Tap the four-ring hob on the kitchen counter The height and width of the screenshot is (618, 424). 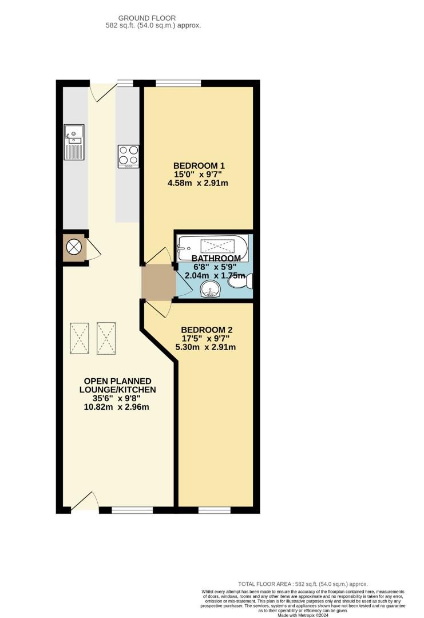(x=129, y=156)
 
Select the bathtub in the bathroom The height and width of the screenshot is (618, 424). (x=212, y=246)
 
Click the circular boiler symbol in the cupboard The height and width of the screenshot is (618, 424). (x=74, y=247)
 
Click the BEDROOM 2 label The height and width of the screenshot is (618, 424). (x=207, y=330)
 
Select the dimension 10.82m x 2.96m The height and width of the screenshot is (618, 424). (x=117, y=407)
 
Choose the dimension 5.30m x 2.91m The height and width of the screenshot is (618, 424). (x=207, y=347)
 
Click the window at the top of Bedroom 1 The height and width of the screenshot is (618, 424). (x=178, y=84)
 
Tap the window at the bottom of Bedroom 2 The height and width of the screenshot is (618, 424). (x=214, y=509)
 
